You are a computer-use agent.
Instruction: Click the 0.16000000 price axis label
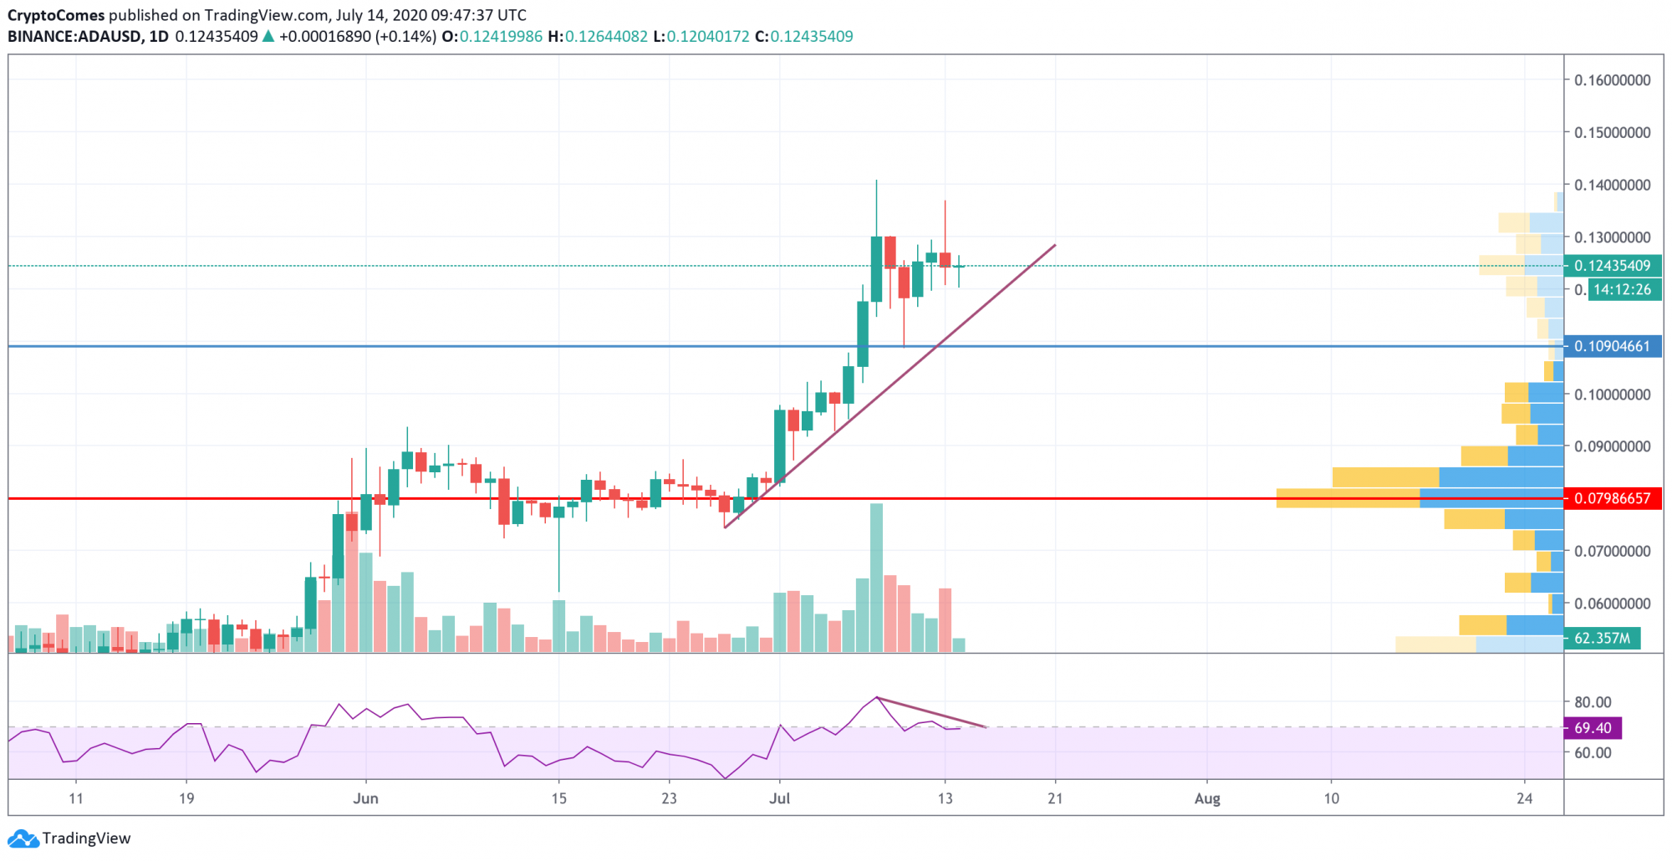coord(1612,80)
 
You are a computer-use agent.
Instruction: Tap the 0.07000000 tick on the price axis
coord(1612,551)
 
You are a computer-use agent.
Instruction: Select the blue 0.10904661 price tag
coord(1612,346)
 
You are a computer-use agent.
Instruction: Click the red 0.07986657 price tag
coord(1612,498)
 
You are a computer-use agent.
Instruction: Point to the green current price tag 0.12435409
coord(1612,266)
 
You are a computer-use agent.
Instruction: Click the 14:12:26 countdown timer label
coord(1622,289)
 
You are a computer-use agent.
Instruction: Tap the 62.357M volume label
coord(1602,638)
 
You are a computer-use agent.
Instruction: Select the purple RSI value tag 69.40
coord(1593,727)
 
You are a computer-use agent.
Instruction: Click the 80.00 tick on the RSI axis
coord(1593,702)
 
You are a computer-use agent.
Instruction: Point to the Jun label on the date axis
coord(365,798)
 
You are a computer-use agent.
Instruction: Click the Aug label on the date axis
coord(1207,798)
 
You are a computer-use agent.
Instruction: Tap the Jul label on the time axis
coord(779,798)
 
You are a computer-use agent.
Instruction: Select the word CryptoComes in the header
coord(56,15)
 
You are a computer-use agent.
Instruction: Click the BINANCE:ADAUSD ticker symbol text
coord(74,37)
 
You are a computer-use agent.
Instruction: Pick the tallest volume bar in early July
coord(876,577)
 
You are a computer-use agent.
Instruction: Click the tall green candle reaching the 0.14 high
coord(876,267)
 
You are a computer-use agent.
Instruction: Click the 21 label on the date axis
coord(1055,798)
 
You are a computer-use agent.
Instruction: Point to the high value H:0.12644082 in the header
coord(598,37)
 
